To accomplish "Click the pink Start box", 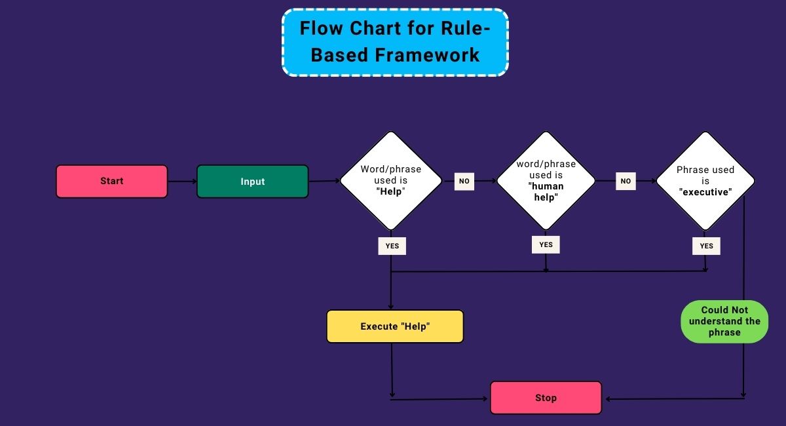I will tap(111, 182).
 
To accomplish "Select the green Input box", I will tap(252, 182).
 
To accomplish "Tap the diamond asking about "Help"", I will tap(391, 181).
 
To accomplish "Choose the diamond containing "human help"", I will tap(546, 181).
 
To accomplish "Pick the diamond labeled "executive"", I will tap(705, 181).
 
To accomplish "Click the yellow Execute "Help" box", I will tap(395, 326).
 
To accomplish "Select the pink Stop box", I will tap(546, 398).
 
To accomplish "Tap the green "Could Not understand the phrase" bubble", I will tap(724, 322).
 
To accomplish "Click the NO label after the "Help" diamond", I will tap(464, 181).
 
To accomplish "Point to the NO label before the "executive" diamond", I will tap(626, 181).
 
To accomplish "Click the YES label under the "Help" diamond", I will tap(392, 246).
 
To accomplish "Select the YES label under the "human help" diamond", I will tap(546, 244).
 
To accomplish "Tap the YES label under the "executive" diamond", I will tap(706, 246).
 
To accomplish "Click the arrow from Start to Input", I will tap(182, 182).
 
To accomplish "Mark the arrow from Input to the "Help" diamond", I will tap(324, 181).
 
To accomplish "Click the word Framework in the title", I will tap(428, 55).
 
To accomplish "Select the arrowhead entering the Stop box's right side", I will tap(608, 398).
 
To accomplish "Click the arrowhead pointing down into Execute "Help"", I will tap(391, 307).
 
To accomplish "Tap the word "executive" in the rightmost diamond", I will tap(705, 192).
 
